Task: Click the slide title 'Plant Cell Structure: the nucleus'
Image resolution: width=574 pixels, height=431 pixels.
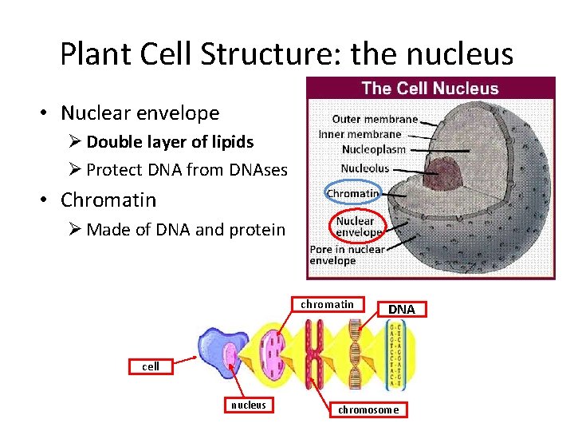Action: (x=287, y=53)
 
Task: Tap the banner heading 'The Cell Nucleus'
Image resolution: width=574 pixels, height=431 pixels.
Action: (x=430, y=89)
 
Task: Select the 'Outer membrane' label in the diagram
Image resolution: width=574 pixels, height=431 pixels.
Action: (x=375, y=119)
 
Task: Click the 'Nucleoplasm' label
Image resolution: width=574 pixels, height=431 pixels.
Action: (x=374, y=149)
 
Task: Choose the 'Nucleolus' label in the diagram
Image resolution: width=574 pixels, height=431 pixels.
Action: (x=365, y=168)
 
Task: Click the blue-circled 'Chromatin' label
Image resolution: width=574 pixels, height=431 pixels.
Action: (x=353, y=193)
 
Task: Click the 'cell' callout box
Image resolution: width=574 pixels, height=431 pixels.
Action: (x=151, y=366)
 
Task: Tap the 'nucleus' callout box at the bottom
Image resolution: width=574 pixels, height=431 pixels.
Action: (x=248, y=405)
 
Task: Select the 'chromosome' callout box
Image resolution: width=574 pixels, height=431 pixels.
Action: (x=368, y=409)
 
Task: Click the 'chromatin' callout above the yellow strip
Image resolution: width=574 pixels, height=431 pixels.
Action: (x=327, y=304)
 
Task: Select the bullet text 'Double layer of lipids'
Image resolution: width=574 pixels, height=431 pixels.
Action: (x=170, y=142)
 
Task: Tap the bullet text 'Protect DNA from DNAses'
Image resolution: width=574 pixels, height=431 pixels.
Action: (x=186, y=168)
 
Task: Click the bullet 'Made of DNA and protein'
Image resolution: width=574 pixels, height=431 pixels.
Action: (x=185, y=230)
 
